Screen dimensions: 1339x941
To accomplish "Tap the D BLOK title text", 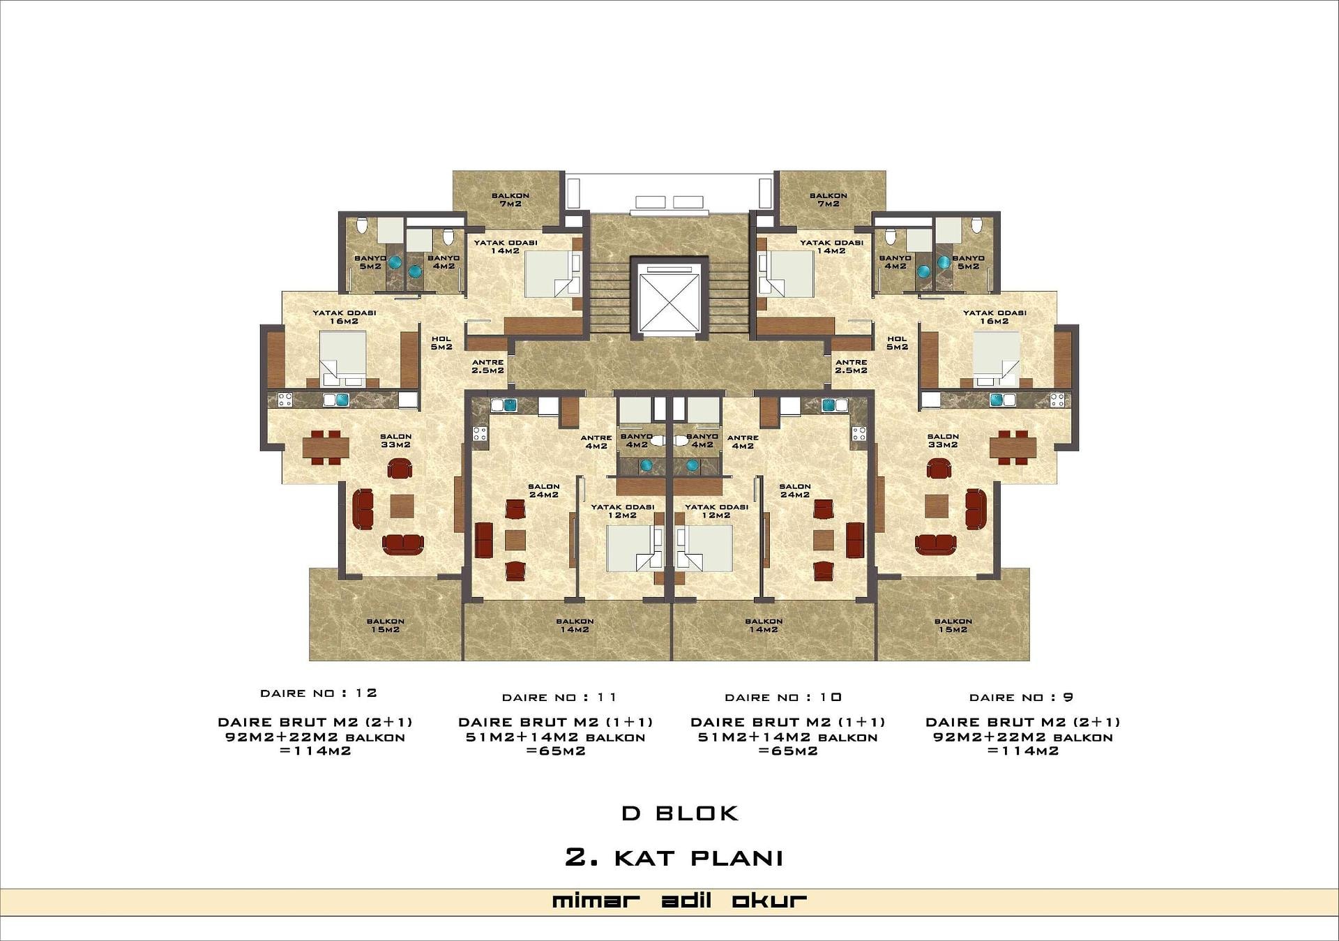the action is [680, 813].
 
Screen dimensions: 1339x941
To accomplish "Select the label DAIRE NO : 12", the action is [319, 693].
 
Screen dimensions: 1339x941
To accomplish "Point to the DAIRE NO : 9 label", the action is [1021, 698].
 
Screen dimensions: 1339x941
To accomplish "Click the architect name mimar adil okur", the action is [679, 901].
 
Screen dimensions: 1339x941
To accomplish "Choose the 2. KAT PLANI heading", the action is [674, 858].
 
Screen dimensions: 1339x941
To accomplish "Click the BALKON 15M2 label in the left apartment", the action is [386, 626].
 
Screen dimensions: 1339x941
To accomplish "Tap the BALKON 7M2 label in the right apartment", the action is [829, 200].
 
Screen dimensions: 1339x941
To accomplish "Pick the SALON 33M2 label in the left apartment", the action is [395, 441].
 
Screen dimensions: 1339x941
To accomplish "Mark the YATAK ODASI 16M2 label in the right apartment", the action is [994, 317].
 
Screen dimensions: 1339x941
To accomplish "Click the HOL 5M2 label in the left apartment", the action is [441, 343].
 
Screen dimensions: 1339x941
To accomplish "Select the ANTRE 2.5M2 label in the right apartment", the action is [852, 367].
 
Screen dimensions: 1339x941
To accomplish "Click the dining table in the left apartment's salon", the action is [326, 447].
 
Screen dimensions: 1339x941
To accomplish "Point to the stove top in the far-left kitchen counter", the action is [285, 400].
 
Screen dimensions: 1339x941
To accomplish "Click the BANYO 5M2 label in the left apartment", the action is [370, 262].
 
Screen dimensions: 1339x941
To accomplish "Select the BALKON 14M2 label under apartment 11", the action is [575, 626].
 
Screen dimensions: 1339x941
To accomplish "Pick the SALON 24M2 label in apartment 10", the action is [795, 490].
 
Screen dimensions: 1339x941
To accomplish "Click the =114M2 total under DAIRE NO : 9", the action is [1023, 751].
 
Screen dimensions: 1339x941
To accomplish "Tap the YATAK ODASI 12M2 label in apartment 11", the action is [623, 511].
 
